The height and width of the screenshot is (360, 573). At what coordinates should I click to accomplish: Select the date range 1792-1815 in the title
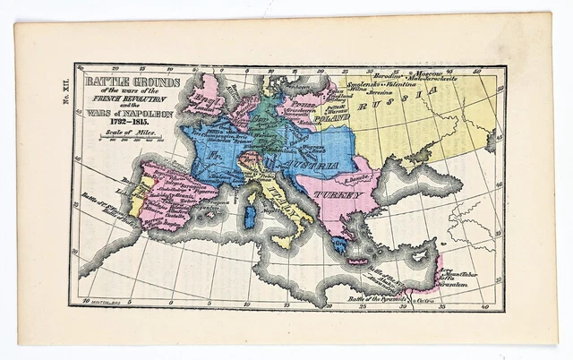(117, 122)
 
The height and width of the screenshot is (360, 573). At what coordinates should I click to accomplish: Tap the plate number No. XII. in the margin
(65, 94)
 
